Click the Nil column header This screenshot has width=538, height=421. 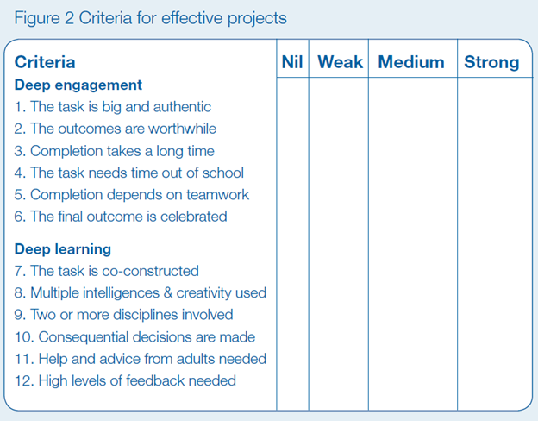292,62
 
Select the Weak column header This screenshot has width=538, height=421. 340,62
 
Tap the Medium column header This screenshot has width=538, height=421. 411,62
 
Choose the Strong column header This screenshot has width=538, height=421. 491,63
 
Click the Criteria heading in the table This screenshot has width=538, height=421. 45,62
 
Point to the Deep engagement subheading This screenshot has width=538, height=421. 78,85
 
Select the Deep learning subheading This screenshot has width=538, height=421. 63,249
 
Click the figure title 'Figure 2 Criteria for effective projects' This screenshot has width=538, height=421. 150,18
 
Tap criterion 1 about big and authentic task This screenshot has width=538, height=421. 113,107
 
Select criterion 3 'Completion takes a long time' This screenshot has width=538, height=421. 115,151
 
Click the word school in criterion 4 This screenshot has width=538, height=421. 223,173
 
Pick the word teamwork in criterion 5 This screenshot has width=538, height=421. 218,195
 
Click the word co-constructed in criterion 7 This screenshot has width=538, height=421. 151,271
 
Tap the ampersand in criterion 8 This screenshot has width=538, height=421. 168,293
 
